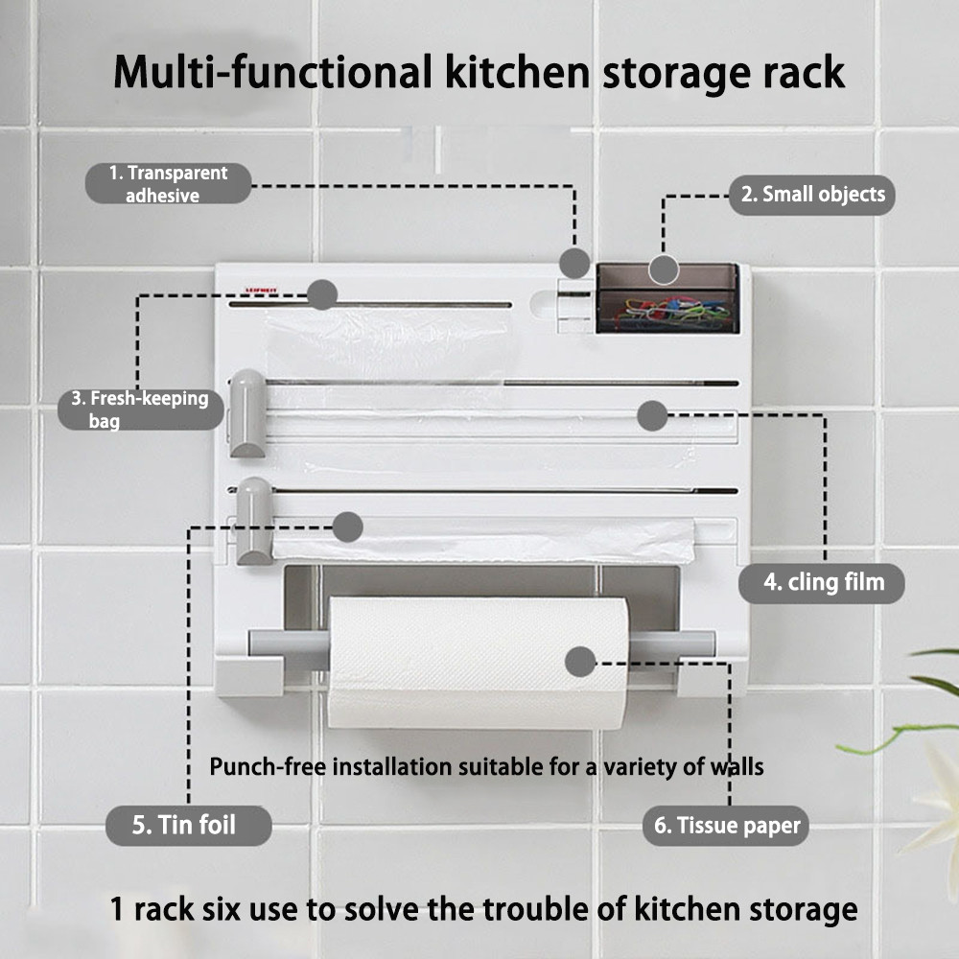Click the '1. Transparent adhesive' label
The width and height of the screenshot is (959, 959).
click(168, 183)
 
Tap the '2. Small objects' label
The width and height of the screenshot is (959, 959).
click(812, 195)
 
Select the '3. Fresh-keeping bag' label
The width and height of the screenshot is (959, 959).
click(141, 409)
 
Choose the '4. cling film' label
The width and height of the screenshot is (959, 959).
click(822, 583)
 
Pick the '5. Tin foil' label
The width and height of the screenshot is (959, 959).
click(188, 826)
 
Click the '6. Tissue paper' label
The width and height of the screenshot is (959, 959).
click(726, 826)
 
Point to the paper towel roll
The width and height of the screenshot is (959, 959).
click(479, 663)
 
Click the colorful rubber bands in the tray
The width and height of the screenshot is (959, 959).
click(673, 310)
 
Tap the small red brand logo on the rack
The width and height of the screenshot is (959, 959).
click(261, 290)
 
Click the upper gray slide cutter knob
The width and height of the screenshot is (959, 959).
click(247, 413)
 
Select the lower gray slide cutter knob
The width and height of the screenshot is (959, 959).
click(254, 522)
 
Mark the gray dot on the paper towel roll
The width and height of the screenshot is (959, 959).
click(580, 662)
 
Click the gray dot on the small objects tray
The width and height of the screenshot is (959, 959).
click(664, 269)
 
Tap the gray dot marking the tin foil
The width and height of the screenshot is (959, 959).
click(347, 526)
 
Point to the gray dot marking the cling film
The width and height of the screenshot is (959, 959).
click(652, 416)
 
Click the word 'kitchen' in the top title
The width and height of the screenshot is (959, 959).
click(518, 72)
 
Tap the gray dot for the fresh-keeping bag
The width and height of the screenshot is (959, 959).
click(321, 294)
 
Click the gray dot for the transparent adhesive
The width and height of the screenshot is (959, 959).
click(574, 264)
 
